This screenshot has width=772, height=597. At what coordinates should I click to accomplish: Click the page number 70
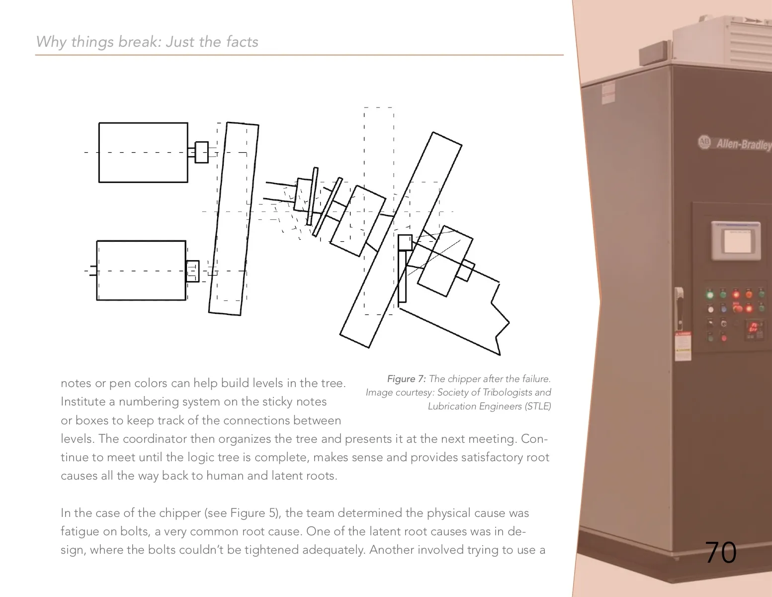pyautogui.click(x=720, y=552)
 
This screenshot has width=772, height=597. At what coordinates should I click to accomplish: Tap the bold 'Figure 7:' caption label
pyautogui.click(x=407, y=379)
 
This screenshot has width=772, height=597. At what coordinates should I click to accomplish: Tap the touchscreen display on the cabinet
pyautogui.click(x=736, y=241)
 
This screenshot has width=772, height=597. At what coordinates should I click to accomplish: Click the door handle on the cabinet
pyautogui.click(x=679, y=309)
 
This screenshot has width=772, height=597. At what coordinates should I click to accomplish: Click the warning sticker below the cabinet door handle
pyautogui.click(x=683, y=346)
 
